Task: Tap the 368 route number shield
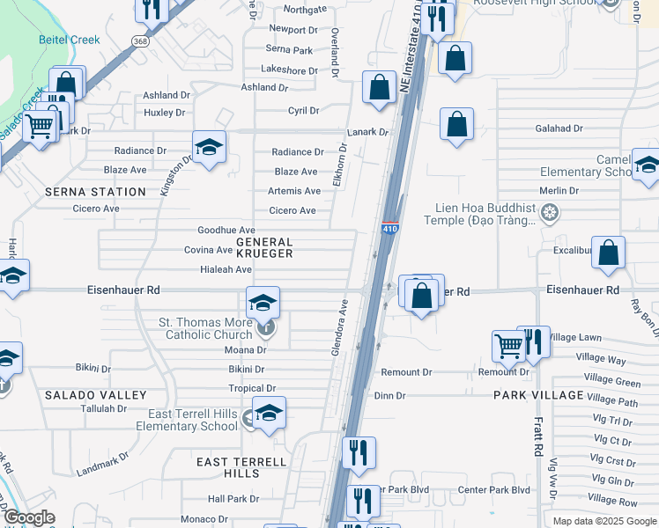coord(139,41)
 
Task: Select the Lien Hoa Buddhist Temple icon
coord(551,213)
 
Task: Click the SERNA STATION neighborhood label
coord(96,191)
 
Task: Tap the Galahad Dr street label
coord(559,128)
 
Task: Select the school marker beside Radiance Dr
coord(209,147)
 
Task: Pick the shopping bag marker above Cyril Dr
coord(379,87)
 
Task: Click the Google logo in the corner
coord(29,517)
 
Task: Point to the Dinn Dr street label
coord(389,395)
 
